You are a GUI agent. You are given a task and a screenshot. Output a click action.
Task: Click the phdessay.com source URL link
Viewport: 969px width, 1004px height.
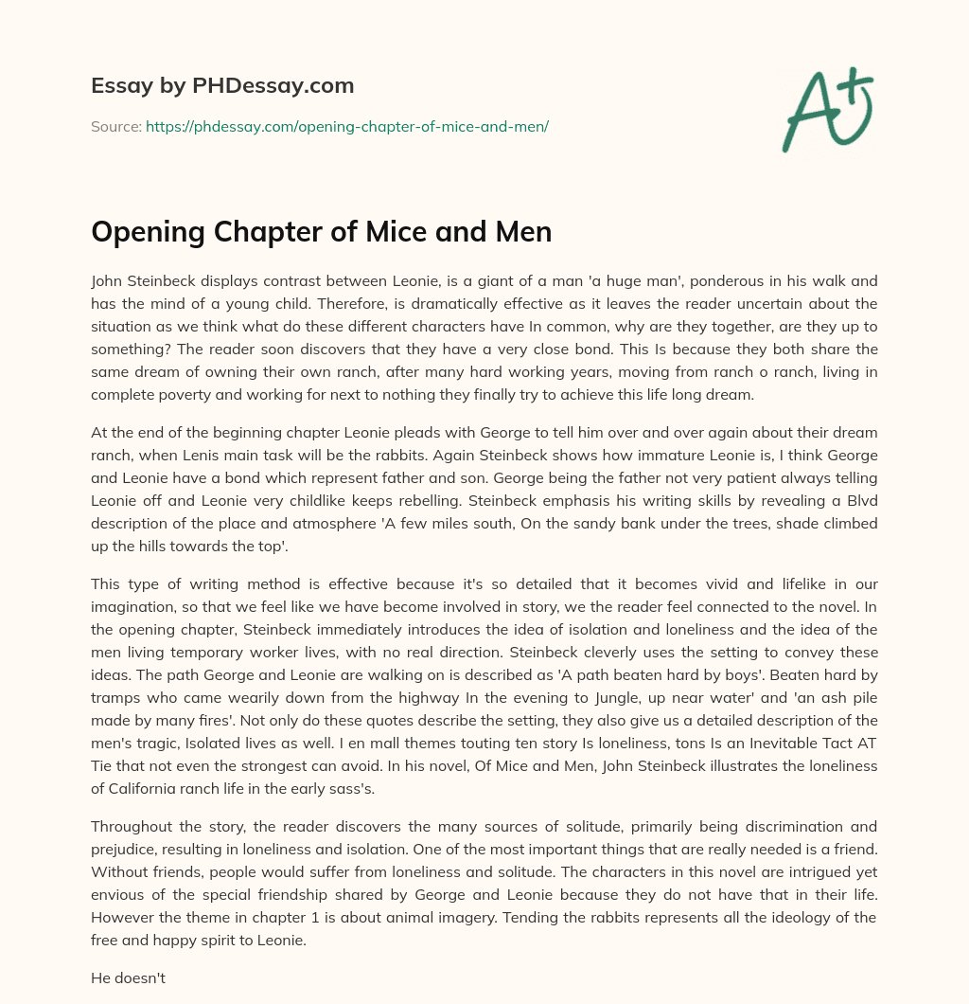(x=347, y=125)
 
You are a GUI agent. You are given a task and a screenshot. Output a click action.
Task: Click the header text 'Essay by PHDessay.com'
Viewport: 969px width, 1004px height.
(x=222, y=86)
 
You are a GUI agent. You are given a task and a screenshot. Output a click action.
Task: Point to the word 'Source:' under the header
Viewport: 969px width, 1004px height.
(x=116, y=125)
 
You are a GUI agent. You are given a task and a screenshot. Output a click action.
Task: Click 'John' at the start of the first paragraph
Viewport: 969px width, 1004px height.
(x=108, y=280)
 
